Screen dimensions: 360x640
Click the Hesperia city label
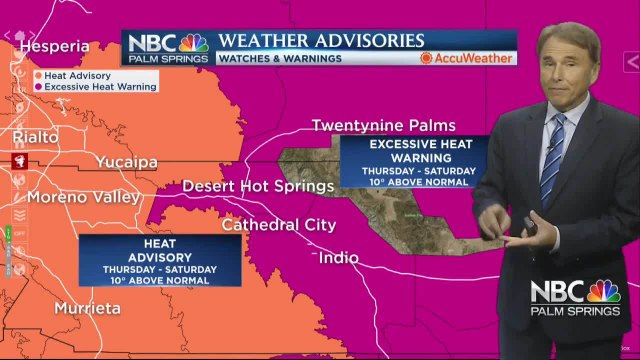[54, 46]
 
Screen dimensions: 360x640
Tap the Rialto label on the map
[36, 136]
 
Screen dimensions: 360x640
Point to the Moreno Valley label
[83, 197]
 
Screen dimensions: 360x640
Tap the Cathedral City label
[278, 225]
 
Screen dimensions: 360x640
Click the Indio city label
[338, 258]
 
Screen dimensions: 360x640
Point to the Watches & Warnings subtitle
[279, 58]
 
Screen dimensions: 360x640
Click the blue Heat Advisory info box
[160, 261]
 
